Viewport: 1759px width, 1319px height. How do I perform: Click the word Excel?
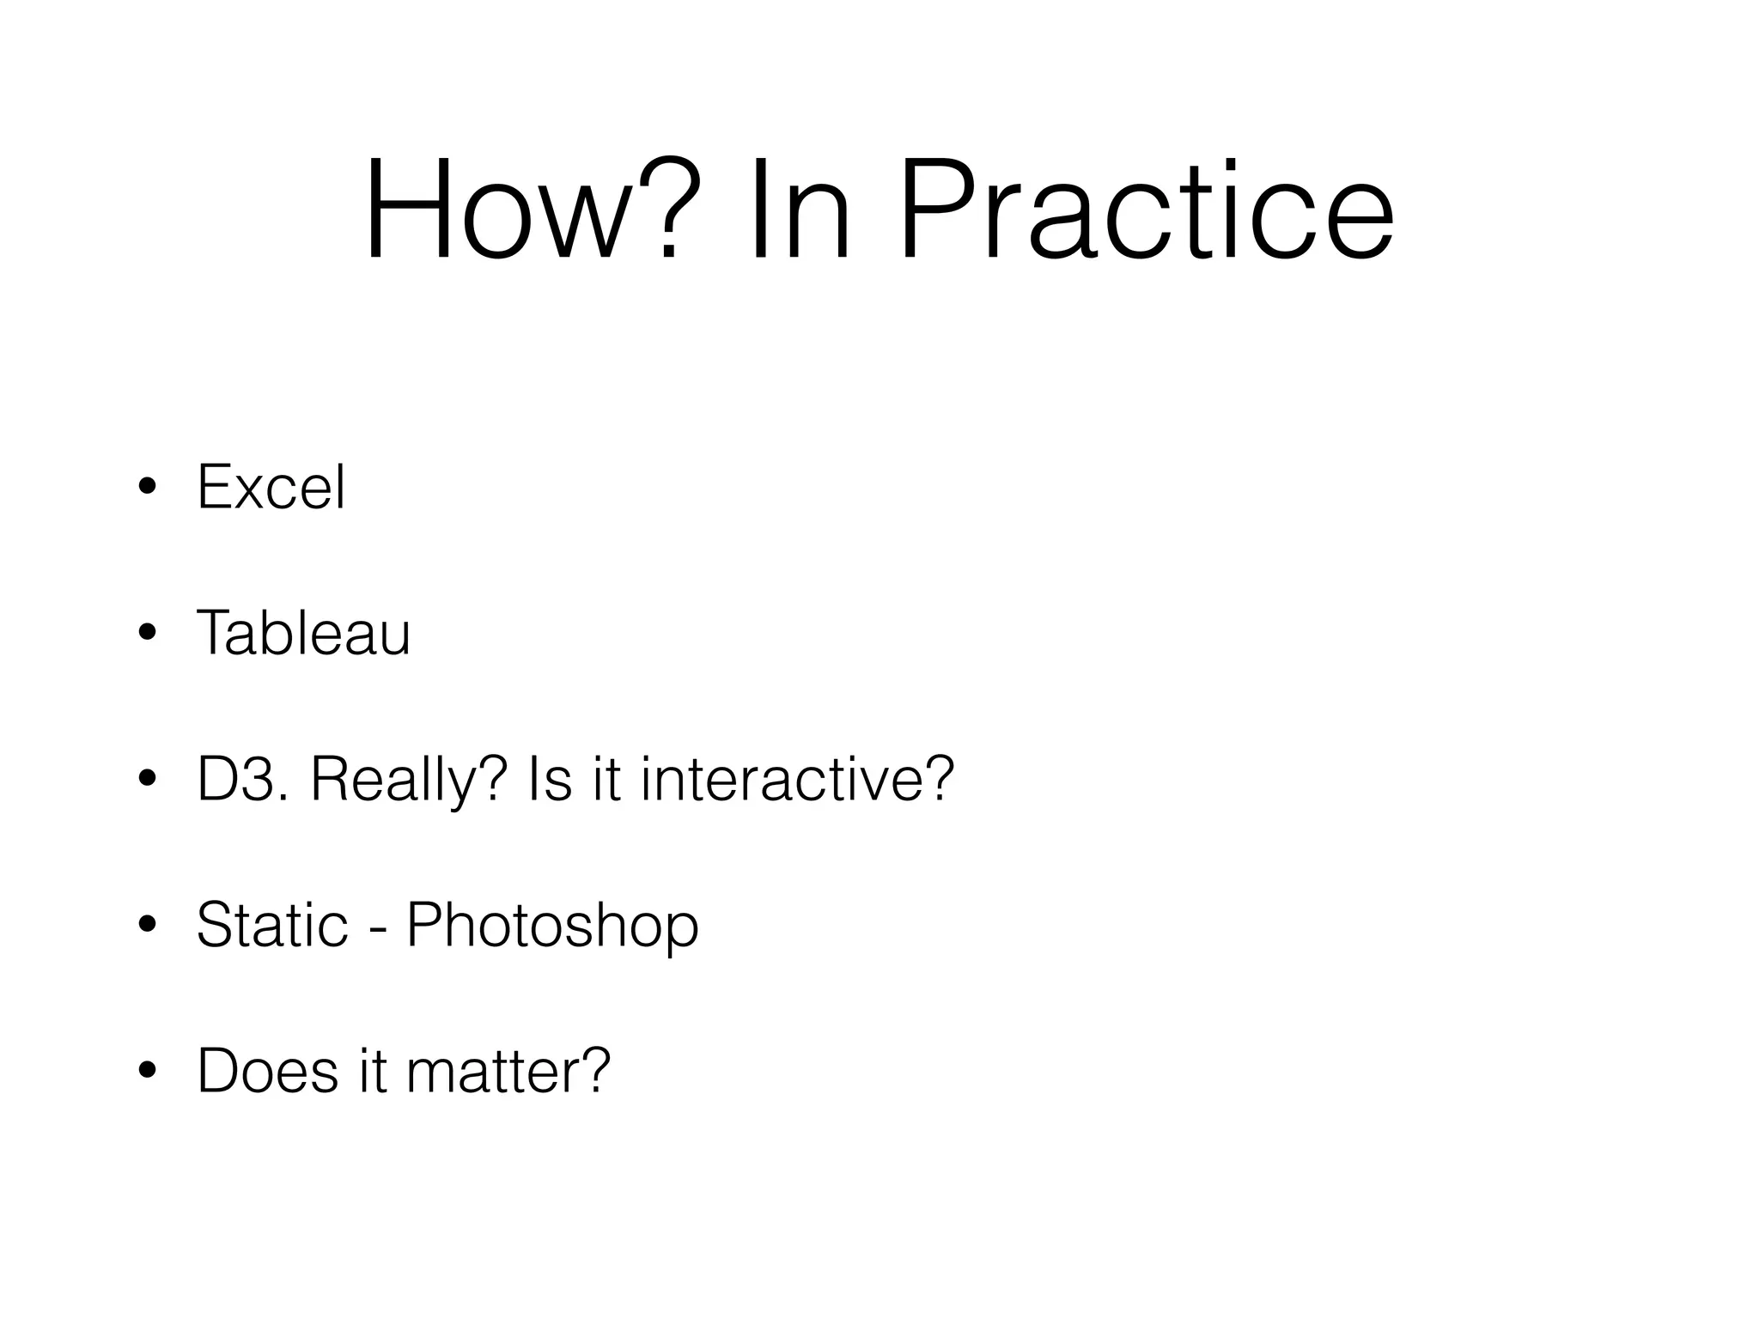(271, 488)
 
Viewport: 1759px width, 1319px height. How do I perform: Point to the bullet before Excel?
(147, 488)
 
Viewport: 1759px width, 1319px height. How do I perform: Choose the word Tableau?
(303, 634)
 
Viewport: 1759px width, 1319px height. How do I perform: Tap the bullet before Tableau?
(147, 634)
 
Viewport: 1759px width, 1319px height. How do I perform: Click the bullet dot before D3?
(147, 780)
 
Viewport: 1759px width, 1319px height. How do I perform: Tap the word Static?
(272, 926)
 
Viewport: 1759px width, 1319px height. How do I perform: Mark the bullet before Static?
(147, 926)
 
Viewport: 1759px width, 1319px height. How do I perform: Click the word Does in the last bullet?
(267, 1072)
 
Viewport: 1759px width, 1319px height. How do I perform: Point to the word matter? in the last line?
(508, 1072)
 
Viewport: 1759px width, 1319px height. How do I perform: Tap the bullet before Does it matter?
(147, 1072)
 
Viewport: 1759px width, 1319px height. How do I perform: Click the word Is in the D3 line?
(550, 780)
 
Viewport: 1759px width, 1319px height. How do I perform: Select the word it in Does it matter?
(373, 1072)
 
